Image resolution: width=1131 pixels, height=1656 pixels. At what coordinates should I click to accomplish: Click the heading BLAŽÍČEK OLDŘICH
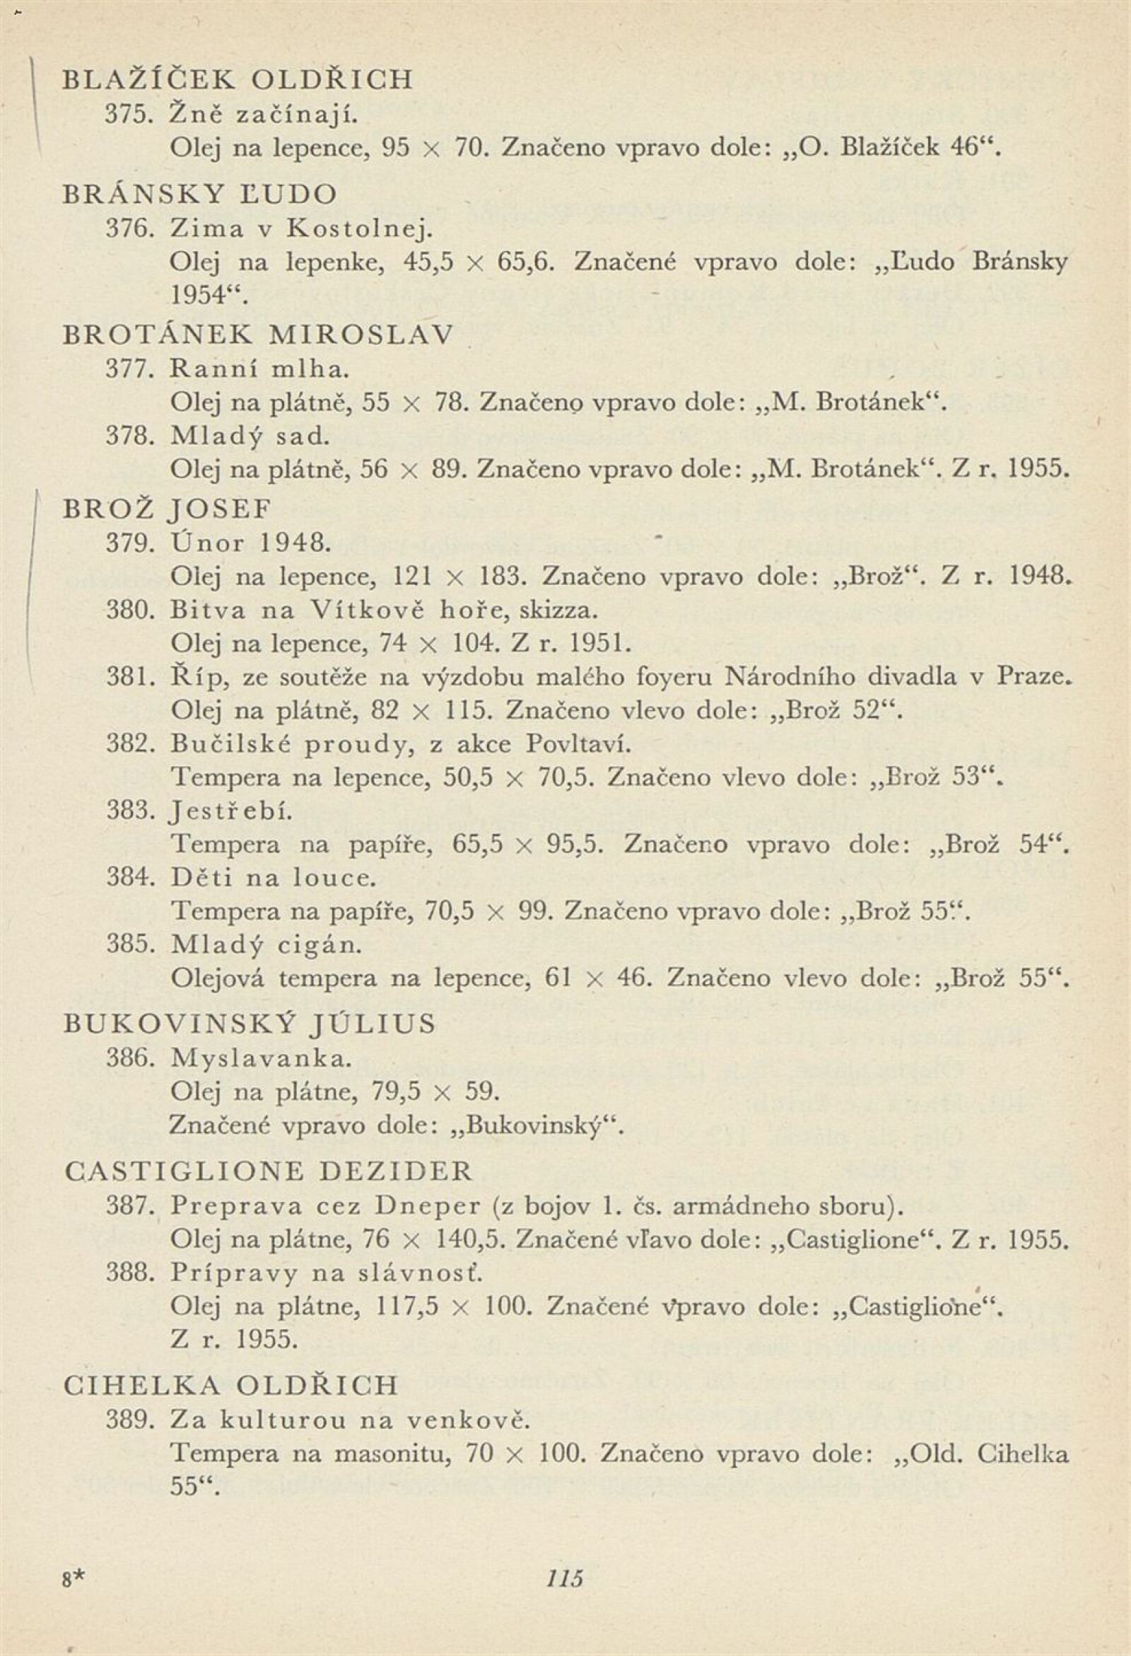click(x=238, y=79)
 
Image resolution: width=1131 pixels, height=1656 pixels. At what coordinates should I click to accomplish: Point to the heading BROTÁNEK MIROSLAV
click(x=258, y=334)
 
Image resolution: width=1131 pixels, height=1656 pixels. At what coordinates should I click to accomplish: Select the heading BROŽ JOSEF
click(x=168, y=508)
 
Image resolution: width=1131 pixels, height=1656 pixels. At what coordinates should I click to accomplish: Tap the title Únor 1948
click(x=251, y=543)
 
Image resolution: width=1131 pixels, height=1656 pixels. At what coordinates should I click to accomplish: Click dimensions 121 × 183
click(x=459, y=577)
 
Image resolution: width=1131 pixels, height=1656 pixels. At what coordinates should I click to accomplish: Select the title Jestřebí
click(x=231, y=811)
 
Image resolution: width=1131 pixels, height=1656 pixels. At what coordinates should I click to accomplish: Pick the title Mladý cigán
click(x=266, y=945)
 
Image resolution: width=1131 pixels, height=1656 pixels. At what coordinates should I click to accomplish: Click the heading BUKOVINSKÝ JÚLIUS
click(x=250, y=1024)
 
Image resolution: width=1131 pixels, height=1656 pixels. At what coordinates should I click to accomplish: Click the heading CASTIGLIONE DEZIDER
click(x=268, y=1171)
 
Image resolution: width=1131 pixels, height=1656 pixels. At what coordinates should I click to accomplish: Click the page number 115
click(x=564, y=1573)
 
